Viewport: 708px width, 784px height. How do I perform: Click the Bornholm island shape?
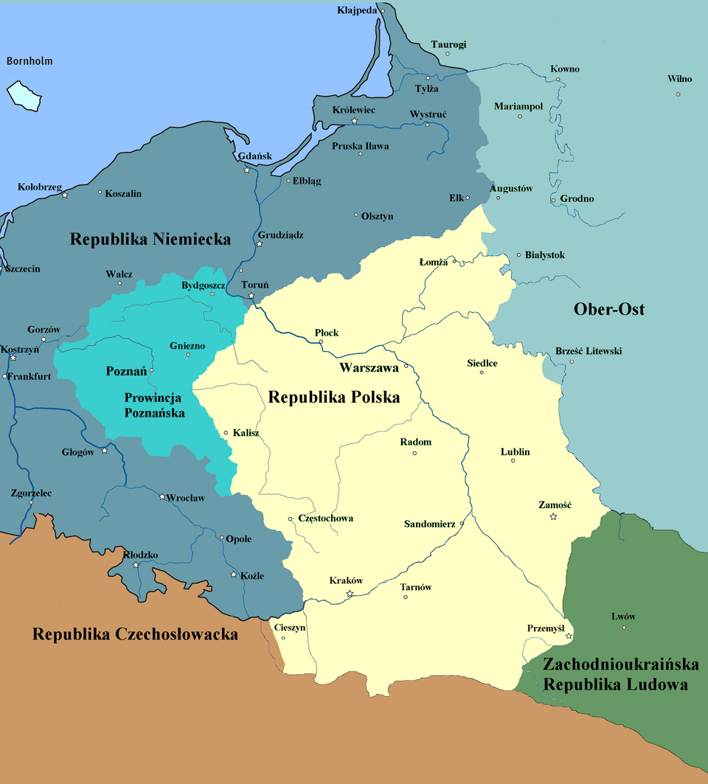click(24, 94)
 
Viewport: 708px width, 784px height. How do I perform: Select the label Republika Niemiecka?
click(150, 239)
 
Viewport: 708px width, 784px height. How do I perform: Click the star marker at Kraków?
click(350, 594)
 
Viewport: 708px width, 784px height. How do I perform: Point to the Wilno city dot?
click(678, 94)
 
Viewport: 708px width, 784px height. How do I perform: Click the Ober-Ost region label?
click(608, 309)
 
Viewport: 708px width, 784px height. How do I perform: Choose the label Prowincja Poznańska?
click(155, 405)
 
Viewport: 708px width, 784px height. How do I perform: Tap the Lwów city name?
click(623, 617)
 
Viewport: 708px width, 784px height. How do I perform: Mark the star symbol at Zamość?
click(553, 517)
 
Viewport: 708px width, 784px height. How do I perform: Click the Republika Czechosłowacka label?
click(135, 634)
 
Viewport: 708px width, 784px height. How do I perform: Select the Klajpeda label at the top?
click(357, 10)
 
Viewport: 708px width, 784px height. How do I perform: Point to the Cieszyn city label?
click(289, 628)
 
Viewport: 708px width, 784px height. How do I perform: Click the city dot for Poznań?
click(152, 370)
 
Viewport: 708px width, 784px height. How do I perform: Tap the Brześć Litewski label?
click(589, 351)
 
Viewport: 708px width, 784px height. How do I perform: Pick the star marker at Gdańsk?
click(247, 170)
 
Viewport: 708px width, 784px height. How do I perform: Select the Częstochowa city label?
click(325, 518)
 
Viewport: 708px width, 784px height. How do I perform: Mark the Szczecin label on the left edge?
click(22, 269)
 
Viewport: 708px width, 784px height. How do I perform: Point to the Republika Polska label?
click(333, 398)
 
